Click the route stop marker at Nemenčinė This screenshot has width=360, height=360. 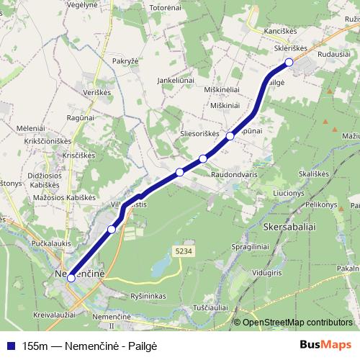click(71, 277)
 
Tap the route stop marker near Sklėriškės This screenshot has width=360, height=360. click(289, 63)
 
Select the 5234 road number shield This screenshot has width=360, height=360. click(183, 249)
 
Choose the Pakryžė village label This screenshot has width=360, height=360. click(125, 62)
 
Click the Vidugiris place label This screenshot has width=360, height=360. click(267, 275)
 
